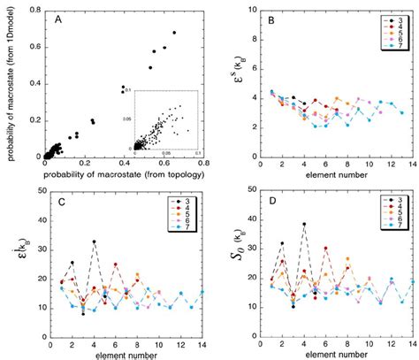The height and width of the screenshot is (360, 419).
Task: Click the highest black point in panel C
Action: coord(94,241)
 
